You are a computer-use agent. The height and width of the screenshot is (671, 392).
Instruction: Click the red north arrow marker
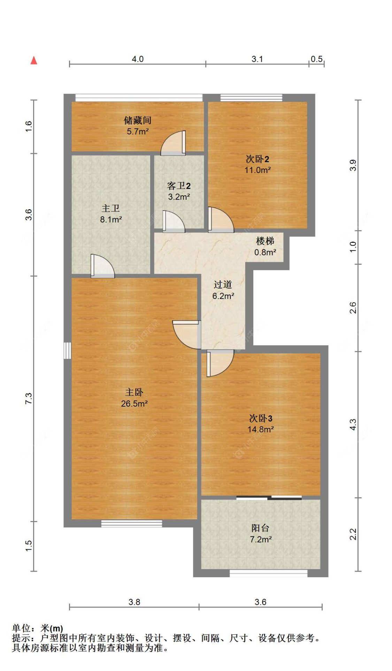coord(34,60)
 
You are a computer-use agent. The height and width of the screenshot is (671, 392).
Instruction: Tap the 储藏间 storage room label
coord(138,120)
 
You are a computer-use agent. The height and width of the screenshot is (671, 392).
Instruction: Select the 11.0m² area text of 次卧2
coord(258,170)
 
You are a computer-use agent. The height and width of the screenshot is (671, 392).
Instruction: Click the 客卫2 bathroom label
coord(179,186)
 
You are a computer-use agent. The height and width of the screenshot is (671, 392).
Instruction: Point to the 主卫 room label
coord(111,208)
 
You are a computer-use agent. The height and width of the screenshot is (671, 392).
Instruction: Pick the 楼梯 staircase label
coord(265,241)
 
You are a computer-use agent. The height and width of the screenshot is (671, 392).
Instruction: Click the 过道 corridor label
coord(223,285)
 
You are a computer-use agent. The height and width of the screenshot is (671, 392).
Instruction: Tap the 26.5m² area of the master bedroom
coord(134,404)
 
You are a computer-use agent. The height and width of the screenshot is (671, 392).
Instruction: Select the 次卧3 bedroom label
coord(261,418)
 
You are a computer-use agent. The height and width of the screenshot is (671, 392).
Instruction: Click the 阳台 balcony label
coord(261,528)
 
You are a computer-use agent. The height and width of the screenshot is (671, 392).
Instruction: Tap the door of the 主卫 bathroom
coord(102,266)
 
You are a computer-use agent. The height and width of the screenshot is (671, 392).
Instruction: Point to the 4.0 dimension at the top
coord(138,59)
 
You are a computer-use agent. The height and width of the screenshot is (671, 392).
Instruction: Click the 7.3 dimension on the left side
coord(29,398)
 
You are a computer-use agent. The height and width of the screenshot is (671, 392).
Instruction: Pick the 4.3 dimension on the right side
coord(353,424)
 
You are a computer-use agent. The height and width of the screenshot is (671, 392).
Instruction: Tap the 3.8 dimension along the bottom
coord(134,602)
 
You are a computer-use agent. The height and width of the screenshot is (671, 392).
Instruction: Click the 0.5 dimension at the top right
coord(317,59)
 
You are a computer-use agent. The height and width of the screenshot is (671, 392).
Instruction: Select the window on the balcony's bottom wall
coord(268,573)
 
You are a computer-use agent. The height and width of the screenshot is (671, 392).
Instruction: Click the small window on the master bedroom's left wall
coord(68,350)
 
